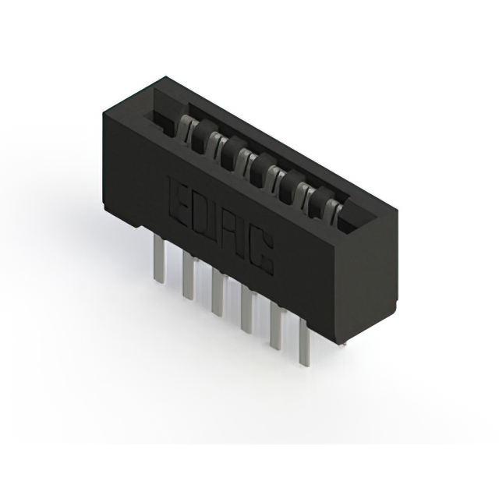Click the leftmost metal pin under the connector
(x=159, y=258)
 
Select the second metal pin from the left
(x=188, y=276)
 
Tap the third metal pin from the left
(x=217, y=292)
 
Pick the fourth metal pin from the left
(x=246, y=309)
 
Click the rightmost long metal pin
(x=303, y=344)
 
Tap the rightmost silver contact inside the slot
(x=334, y=210)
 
